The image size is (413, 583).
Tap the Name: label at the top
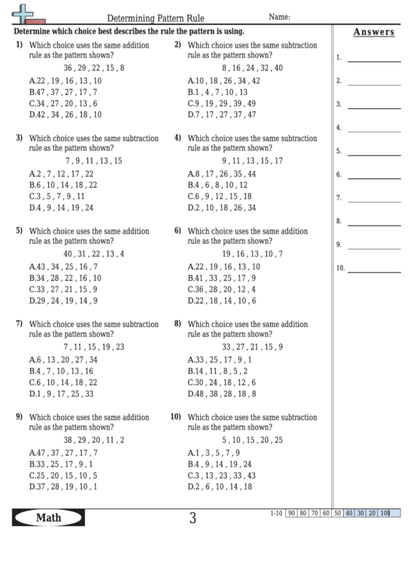280,16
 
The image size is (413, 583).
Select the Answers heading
373,32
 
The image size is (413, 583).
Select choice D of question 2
222,114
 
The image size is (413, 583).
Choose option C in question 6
222,289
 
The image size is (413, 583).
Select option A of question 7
63,360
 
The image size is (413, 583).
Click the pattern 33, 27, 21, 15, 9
252,346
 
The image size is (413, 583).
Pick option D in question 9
63,486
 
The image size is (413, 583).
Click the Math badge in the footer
49,518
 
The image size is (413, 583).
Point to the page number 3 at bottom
192,518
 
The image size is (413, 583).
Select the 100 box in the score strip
385,514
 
